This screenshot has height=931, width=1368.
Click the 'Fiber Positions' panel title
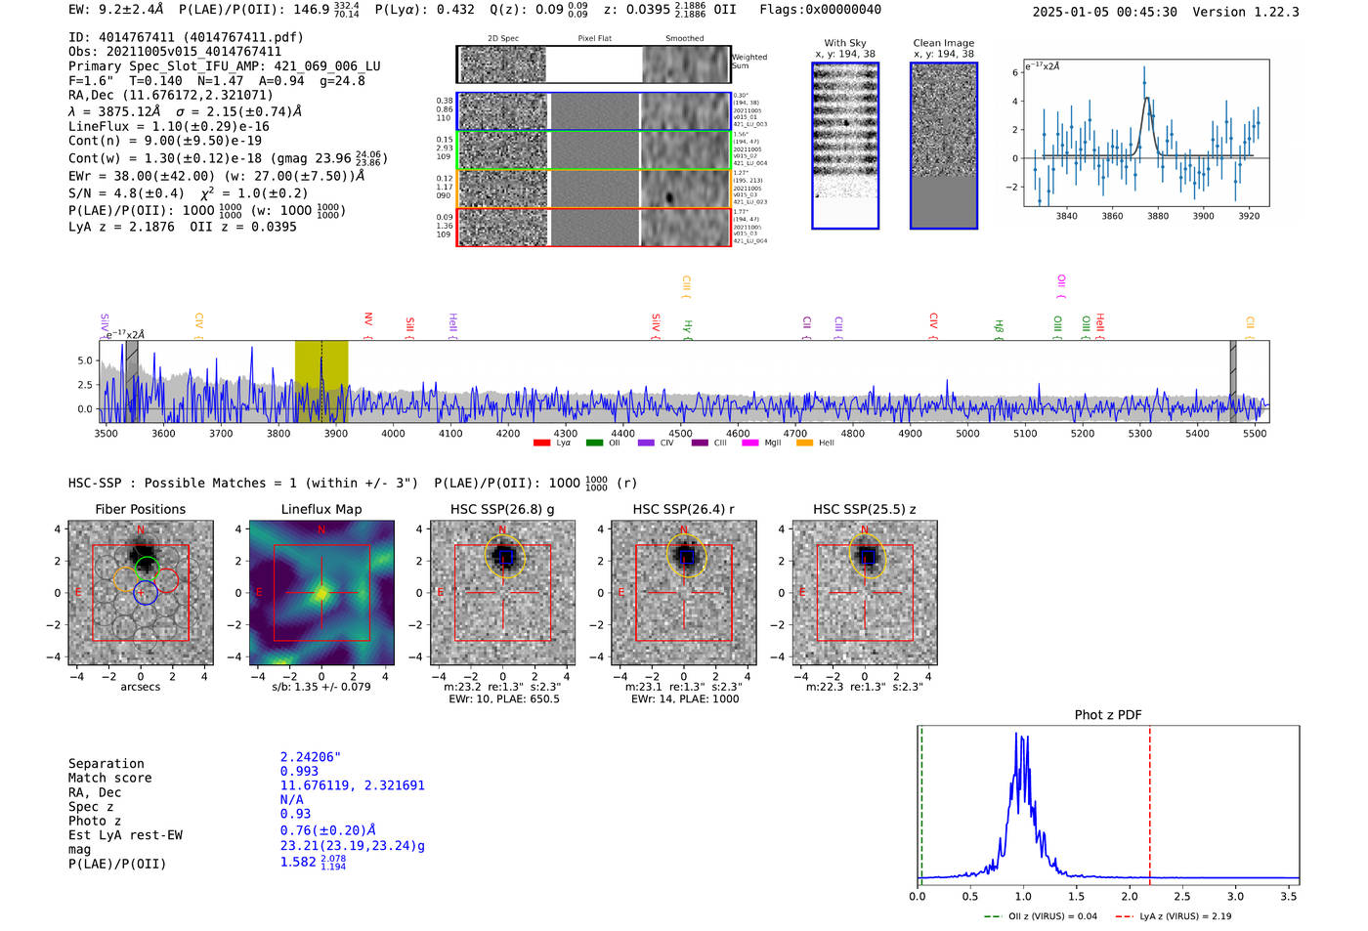point(140,509)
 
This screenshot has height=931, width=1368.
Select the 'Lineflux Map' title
point(321,509)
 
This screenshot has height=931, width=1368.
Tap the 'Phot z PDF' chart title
point(1108,715)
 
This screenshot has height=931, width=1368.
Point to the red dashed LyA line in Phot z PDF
point(1150,801)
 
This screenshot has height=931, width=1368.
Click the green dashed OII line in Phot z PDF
point(921,801)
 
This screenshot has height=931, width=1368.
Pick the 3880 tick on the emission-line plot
point(1158,216)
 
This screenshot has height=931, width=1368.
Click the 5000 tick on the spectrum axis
point(967,434)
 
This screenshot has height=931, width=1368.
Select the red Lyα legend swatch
point(541,444)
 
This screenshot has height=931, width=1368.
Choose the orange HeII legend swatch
point(804,444)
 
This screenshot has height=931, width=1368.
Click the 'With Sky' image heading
point(845,43)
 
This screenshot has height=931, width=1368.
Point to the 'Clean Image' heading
point(944,43)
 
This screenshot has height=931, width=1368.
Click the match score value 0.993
point(299,772)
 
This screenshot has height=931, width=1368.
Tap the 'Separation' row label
point(107,764)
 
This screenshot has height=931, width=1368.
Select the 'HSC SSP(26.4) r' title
point(684,509)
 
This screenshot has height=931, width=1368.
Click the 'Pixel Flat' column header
point(594,39)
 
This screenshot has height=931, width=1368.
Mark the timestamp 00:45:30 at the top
point(1144,12)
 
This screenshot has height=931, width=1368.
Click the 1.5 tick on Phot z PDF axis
point(1076,896)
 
